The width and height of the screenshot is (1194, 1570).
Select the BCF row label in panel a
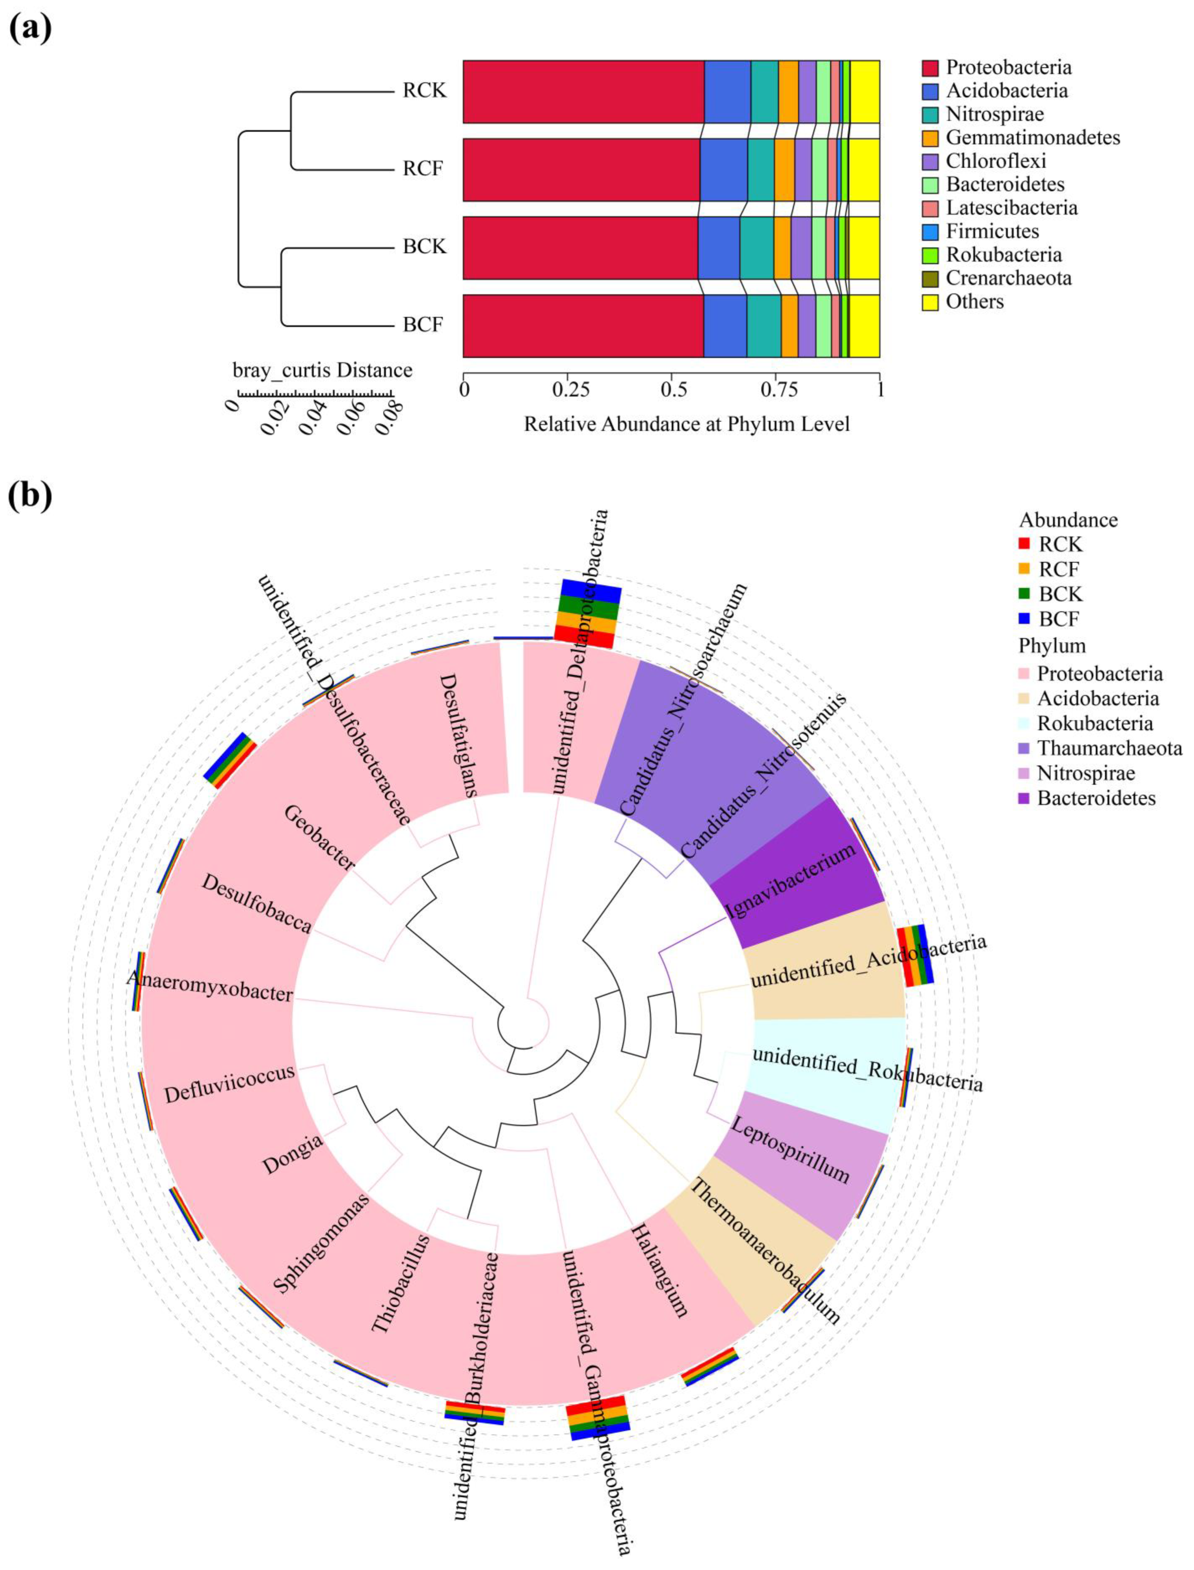coord(423,325)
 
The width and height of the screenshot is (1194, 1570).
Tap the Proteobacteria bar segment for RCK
coord(583,92)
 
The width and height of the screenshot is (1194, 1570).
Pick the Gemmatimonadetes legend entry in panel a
coord(1032,137)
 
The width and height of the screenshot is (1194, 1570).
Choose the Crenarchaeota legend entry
coord(1008,278)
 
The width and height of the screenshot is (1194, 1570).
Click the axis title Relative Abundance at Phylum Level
coord(687,424)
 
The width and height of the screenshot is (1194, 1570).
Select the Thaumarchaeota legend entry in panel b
coord(1109,749)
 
